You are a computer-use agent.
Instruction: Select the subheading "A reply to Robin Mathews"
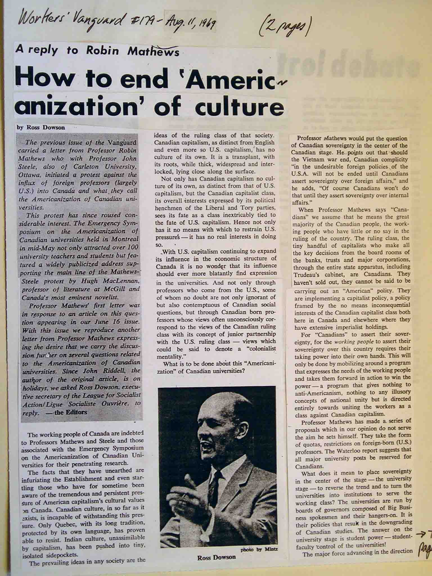pyautogui.click(x=97, y=51)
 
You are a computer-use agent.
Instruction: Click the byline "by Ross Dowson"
pyautogui.click(x=41, y=127)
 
